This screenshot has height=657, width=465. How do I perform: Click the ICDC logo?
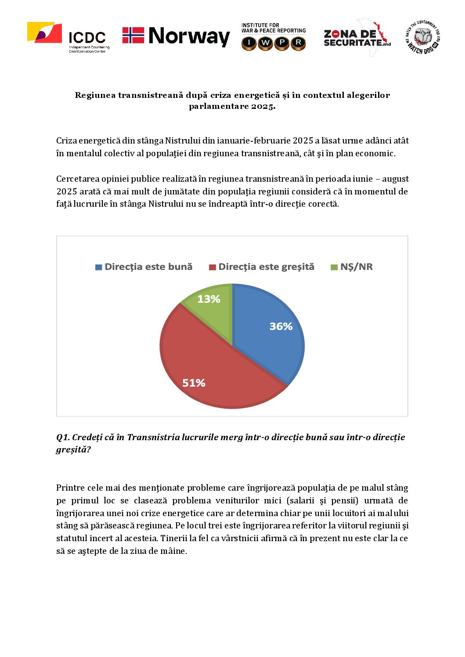(x=68, y=37)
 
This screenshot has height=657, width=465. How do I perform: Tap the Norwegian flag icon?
(x=133, y=36)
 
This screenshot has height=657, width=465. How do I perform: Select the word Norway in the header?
(x=189, y=36)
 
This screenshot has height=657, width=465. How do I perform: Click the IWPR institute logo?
(x=273, y=37)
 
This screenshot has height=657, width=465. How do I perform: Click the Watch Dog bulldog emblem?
(x=422, y=37)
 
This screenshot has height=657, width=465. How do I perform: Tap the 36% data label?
(x=281, y=327)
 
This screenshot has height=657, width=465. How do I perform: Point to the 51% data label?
(x=194, y=383)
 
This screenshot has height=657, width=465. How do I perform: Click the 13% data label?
(x=209, y=299)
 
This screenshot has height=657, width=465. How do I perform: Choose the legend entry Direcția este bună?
(x=144, y=267)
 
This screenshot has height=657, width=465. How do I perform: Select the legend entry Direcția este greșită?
(x=262, y=267)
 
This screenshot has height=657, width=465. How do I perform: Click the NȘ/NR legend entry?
(x=352, y=267)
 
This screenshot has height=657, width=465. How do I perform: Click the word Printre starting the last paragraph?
(x=70, y=488)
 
